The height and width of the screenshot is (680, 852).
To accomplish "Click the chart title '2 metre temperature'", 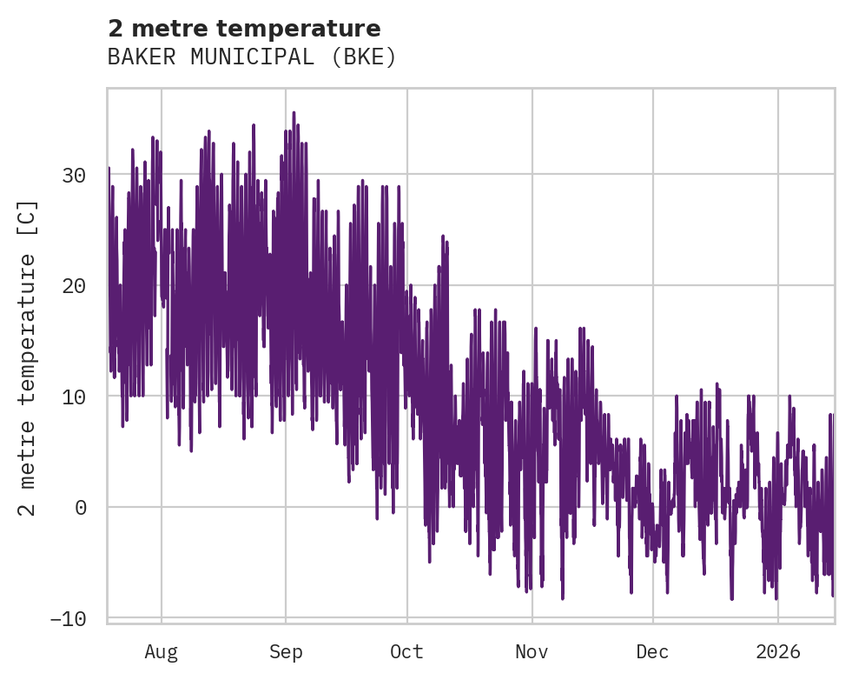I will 244,29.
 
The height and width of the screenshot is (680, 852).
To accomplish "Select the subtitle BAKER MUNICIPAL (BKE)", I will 252,57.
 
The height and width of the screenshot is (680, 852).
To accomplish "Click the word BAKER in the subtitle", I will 135,57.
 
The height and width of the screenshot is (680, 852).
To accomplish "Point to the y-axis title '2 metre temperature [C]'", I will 29,357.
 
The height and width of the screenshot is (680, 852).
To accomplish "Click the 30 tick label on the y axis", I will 74,175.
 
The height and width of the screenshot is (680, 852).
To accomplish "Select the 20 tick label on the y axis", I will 74,285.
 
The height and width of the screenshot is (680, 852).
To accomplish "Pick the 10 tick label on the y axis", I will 74,397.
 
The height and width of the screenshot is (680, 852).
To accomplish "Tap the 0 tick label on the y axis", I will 81,507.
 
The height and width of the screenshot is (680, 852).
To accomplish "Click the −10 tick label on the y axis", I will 68,618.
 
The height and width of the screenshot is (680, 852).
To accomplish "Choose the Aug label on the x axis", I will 162,651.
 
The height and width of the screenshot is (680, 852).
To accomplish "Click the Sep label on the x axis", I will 285,651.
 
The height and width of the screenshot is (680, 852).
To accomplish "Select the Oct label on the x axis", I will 406,651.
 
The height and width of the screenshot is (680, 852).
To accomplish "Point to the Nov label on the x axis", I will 532,651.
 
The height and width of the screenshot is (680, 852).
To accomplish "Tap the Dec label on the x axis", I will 652,651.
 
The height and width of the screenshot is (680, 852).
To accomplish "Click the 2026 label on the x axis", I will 777,651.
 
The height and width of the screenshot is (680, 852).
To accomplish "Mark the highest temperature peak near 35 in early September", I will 294,113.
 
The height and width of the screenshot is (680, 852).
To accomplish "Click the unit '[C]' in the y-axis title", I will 29,217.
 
